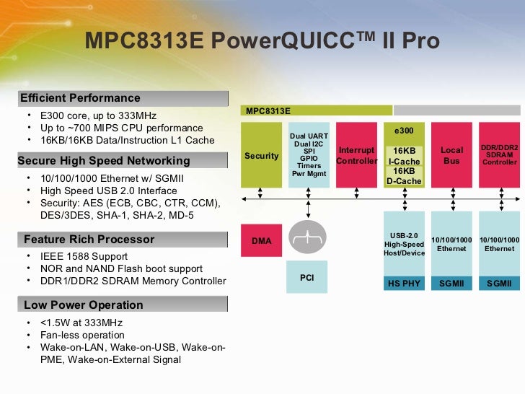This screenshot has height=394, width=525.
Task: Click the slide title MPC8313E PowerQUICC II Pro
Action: click(262, 40)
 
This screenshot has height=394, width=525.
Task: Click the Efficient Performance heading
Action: click(80, 98)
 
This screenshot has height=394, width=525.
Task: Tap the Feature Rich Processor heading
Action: click(89, 239)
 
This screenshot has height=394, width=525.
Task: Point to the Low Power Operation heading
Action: click(83, 305)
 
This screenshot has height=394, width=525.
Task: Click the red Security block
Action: click(261, 156)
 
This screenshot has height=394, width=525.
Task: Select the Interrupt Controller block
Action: click(356, 156)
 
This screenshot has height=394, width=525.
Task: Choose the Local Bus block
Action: click(451, 156)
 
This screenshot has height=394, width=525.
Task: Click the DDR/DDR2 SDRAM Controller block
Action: click(499, 155)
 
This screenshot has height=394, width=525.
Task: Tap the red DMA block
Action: click(261, 241)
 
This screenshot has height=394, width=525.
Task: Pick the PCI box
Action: click(306, 277)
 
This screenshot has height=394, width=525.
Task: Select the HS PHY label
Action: click(404, 284)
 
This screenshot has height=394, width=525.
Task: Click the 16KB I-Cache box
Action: click(404, 156)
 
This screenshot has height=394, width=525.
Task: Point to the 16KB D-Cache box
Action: click(404, 176)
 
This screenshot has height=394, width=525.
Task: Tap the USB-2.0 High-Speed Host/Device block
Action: click(404, 244)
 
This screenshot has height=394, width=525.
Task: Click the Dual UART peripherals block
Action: click(309, 154)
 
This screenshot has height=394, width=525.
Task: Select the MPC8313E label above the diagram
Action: click(268, 111)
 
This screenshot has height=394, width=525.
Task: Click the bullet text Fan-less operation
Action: click(82, 335)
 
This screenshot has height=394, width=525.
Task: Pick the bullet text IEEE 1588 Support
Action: click(84, 256)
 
